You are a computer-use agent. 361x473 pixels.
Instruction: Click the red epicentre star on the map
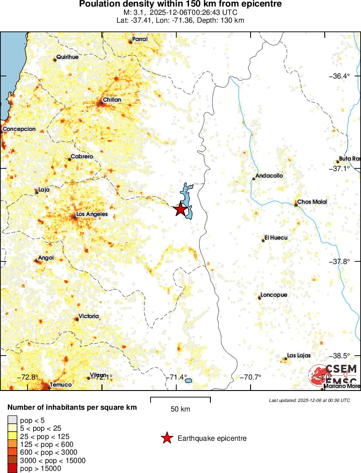click(180, 210)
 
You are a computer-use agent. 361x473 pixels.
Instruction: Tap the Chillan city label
click(112, 100)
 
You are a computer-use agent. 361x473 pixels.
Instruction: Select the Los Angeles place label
click(92, 215)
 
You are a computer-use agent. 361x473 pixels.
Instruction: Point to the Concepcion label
click(19, 129)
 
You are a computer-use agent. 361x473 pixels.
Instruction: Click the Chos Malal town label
click(312, 202)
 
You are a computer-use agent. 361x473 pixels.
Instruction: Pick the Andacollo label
click(269, 176)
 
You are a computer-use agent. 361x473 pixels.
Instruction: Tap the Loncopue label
click(274, 295)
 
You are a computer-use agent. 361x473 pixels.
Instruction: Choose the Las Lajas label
click(299, 356)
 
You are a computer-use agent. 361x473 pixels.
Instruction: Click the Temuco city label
click(61, 385)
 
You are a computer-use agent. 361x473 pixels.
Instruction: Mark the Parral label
click(140, 39)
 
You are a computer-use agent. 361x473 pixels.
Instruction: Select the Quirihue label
click(67, 57)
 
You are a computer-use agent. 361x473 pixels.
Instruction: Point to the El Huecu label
click(275, 239)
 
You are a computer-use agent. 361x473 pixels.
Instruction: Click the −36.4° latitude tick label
click(339, 76)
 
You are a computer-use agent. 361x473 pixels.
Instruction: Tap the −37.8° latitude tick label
click(339, 262)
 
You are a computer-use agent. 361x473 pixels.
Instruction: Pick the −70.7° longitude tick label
click(251, 377)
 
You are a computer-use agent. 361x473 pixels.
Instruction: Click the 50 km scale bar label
click(180, 409)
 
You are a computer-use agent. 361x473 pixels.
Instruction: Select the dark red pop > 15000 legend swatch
click(12, 469)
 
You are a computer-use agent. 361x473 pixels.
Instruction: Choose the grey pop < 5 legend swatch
click(12, 421)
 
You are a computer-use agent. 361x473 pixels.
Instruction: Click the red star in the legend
click(166, 438)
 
